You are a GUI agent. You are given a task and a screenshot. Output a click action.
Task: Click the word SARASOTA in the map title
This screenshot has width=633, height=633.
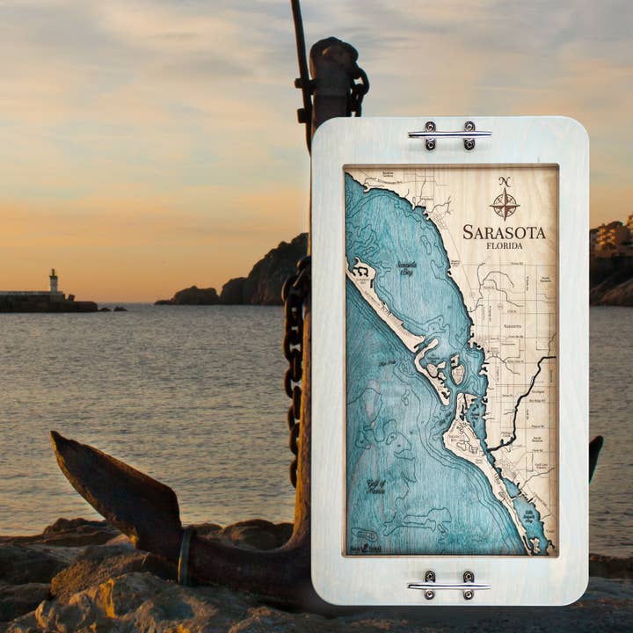[x=504, y=232]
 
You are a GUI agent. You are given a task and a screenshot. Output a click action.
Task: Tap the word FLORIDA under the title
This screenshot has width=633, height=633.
[x=505, y=246]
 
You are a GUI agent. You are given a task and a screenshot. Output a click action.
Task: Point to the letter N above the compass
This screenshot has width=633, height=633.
[x=505, y=182]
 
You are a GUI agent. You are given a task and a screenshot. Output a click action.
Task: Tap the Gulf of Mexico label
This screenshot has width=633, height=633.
[x=376, y=486]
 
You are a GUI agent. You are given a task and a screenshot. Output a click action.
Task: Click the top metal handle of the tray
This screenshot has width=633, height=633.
[x=449, y=134]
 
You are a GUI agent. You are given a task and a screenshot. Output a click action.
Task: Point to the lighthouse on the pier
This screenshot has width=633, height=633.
[x=54, y=281]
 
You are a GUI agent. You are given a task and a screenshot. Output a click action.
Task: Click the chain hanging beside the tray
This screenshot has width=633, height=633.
[x=294, y=352]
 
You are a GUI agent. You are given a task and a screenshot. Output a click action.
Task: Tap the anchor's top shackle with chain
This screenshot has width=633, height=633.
[x=338, y=79]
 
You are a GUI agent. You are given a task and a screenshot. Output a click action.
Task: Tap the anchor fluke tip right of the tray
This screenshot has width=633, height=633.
[x=596, y=453]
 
